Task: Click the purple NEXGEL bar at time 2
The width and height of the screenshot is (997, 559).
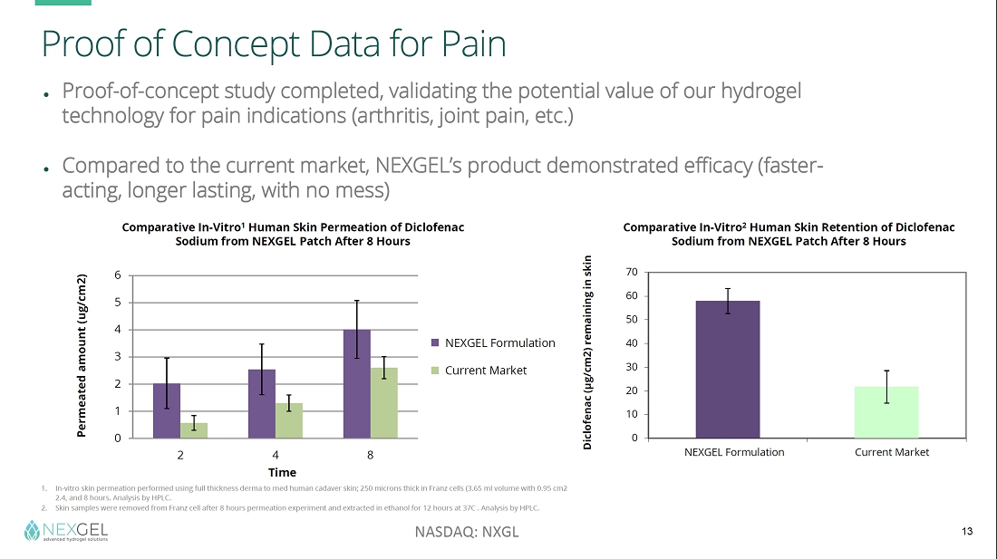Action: (167, 411)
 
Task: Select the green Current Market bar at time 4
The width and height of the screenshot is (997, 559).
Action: (289, 421)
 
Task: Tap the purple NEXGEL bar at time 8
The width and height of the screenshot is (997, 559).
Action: (356, 384)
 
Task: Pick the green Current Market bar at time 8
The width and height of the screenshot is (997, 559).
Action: (384, 403)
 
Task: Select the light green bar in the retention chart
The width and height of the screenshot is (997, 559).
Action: (886, 412)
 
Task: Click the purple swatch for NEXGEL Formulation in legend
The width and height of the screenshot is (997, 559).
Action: (436, 342)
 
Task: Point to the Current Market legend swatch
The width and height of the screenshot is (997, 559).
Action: (436, 370)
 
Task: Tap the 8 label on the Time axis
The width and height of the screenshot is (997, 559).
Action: (370, 453)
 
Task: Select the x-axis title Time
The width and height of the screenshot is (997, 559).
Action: (282, 472)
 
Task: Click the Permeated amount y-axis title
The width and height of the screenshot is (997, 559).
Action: (82, 355)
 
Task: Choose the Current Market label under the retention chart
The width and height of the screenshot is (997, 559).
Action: (892, 452)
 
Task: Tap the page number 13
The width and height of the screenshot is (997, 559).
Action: (966, 531)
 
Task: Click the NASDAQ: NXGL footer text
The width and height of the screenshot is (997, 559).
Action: (467, 532)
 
